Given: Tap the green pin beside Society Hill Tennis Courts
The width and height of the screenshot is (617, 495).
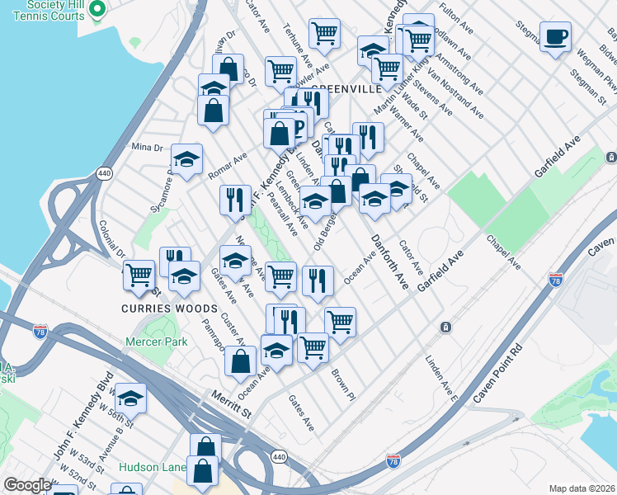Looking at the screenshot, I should click(97, 9).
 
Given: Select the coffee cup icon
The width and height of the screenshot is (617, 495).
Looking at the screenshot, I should click(555, 36).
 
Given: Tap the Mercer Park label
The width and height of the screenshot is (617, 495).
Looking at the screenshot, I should click(157, 342).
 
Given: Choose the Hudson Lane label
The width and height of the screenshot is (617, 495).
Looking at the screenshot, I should click(152, 467).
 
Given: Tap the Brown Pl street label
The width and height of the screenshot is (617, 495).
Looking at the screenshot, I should click(342, 384).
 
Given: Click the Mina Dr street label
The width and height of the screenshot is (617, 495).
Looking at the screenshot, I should click(148, 148).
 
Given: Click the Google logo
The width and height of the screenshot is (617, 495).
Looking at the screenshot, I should click(27, 485).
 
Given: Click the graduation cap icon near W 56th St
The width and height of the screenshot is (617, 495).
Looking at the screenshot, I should click(130, 399).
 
